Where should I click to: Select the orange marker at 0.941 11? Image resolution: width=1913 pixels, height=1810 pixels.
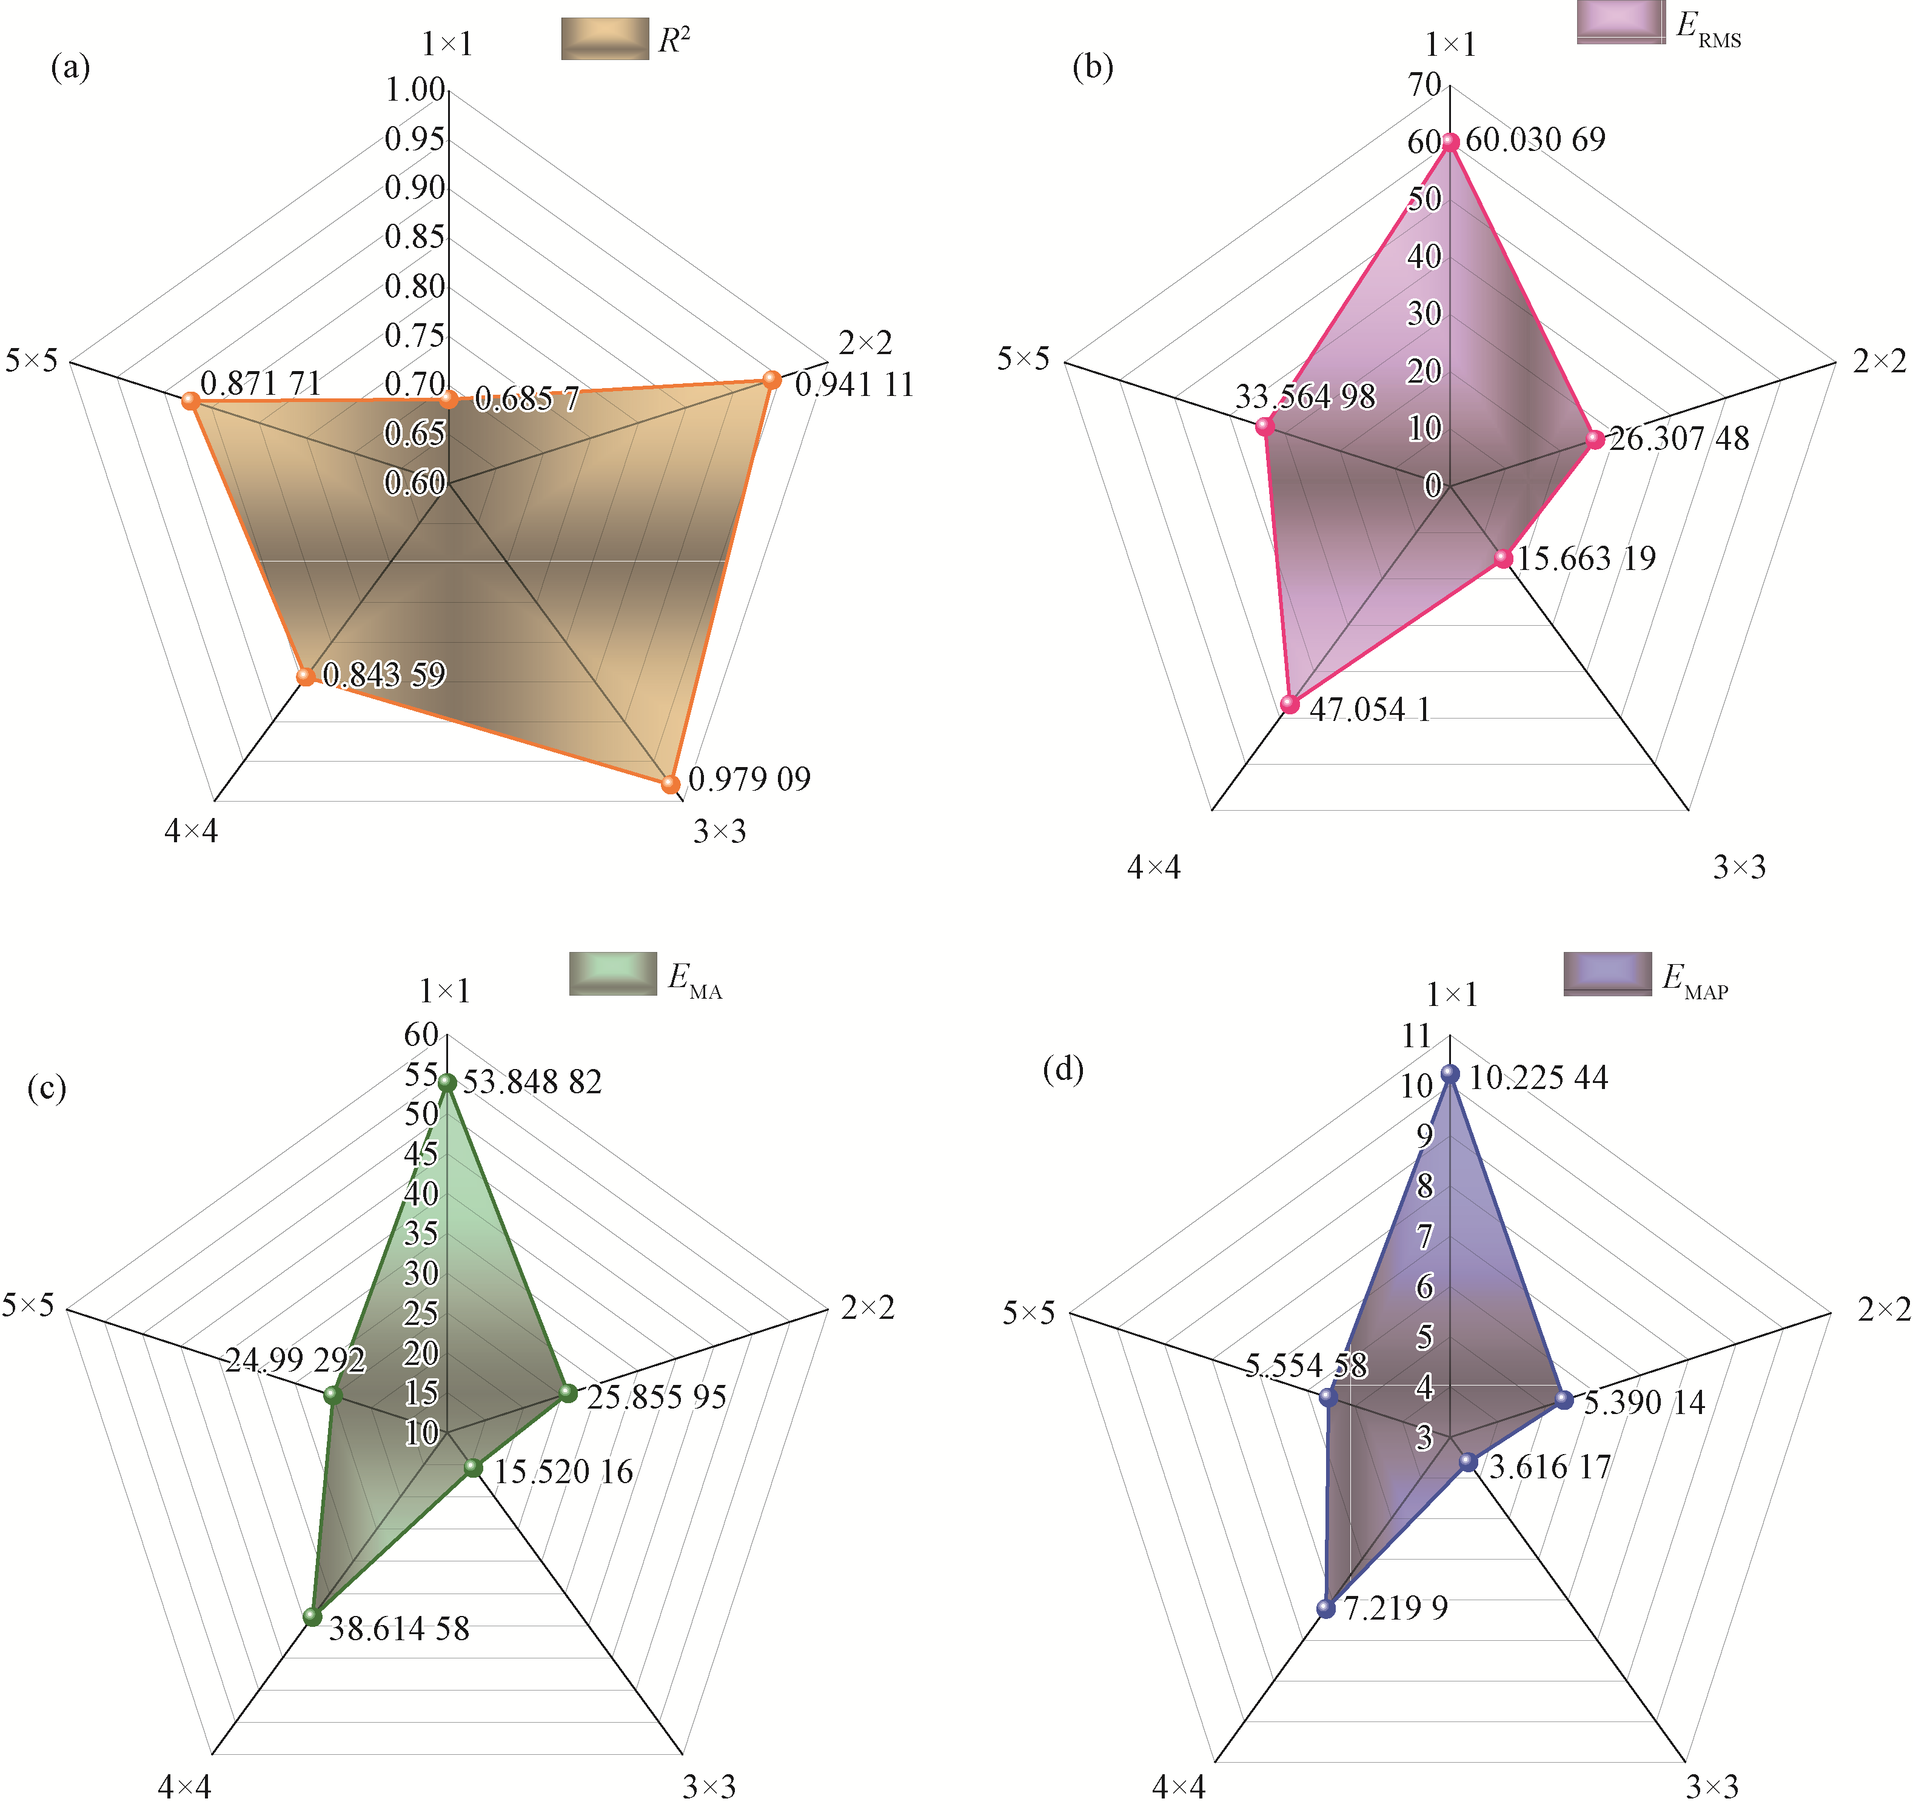tap(772, 379)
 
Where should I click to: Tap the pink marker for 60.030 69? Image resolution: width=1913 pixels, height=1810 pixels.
tap(1450, 142)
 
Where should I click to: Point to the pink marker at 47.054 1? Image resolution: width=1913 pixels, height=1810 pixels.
tap(1290, 703)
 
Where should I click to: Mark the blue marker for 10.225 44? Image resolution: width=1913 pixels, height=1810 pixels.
tap(1449, 1073)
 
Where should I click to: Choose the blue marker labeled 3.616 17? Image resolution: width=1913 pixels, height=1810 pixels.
tap(1467, 1462)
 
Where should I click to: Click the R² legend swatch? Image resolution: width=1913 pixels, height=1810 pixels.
tap(605, 39)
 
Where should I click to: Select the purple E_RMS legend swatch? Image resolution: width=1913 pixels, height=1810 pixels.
tap(1621, 21)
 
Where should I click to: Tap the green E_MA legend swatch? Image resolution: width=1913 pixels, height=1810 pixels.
tap(612, 973)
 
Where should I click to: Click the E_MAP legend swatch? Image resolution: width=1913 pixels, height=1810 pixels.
tap(1607, 973)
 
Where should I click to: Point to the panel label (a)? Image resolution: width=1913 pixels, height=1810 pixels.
tap(70, 67)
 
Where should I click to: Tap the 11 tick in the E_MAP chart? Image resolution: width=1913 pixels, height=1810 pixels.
tap(1416, 1036)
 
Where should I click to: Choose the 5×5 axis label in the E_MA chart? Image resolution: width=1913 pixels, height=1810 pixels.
tap(28, 1306)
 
